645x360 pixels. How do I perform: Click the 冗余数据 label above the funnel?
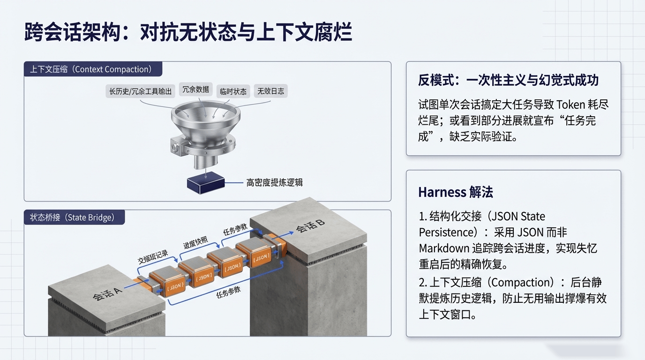[195, 90]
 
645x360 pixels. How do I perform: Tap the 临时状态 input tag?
[233, 91]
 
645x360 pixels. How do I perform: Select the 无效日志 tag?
[270, 91]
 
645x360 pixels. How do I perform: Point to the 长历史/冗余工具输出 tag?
[140, 91]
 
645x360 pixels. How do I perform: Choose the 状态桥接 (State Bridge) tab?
[72, 217]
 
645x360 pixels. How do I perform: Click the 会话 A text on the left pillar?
[107, 294]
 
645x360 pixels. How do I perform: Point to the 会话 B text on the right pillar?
[310, 226]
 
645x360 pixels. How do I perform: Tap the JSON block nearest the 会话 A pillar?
[175, 287]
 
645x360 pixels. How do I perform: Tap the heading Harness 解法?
[455, 192]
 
